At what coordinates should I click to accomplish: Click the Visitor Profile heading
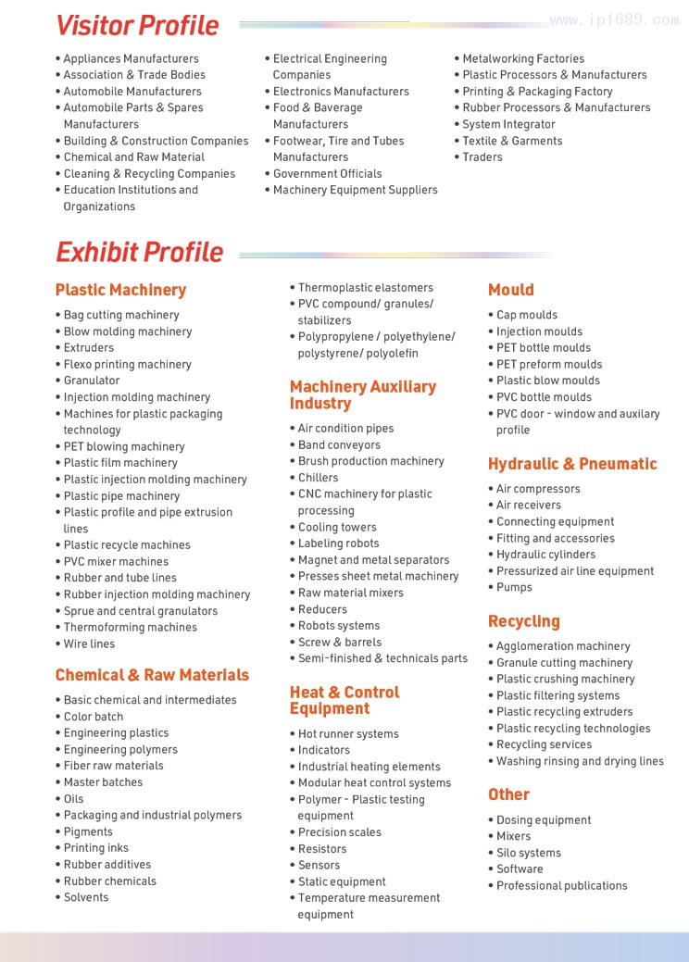point(137,25)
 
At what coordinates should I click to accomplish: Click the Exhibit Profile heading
point(139,252)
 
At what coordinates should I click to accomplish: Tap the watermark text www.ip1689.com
point(614,19)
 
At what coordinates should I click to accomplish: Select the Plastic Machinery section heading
point(120,290)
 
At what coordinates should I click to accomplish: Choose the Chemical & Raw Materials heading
point(152,675)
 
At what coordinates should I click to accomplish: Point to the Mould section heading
point(510,290)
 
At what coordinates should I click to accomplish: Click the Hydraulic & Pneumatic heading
point(572,464)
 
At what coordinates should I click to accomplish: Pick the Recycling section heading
point(523,621)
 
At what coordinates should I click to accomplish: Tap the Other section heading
point(508,794)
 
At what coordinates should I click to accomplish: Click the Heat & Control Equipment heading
point(344,700)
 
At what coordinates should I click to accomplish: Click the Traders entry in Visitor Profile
point(482,156)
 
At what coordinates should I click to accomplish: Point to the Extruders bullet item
point(88,347)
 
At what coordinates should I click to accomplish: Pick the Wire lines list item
point(89,643)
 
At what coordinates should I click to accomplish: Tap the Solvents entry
point(85,897)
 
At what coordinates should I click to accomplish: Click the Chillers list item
point(318,478)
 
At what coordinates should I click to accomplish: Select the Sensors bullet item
point(319,865)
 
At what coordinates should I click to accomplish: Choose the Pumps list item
point(514,587)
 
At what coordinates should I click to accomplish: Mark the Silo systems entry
point(528,853)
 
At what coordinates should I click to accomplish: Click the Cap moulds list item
point(526,315)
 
